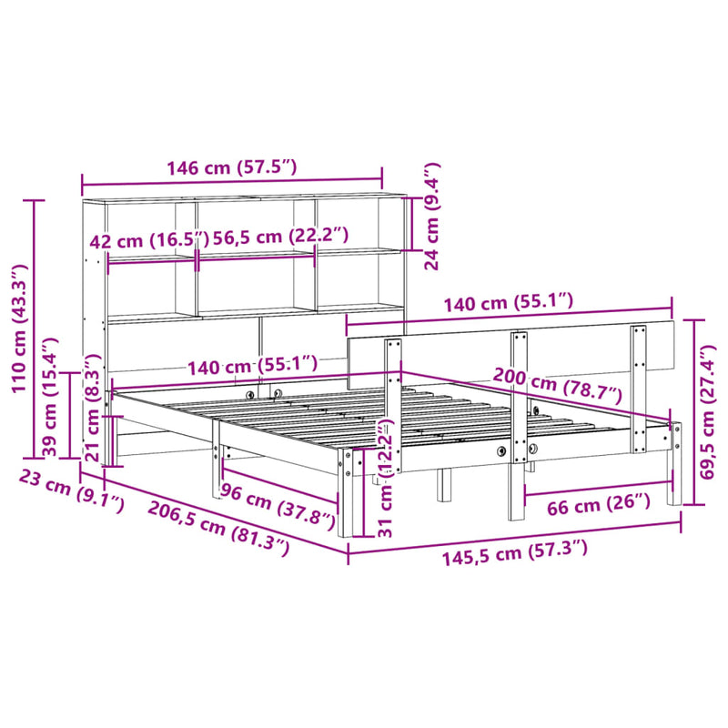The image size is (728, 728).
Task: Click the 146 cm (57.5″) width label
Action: pyautogui.click(x=231, y=167)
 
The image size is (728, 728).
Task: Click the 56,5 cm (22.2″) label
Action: pyautogui.click(x=279, y=235)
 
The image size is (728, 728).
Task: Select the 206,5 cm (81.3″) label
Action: pyautogui.click(x=218, y=525)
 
